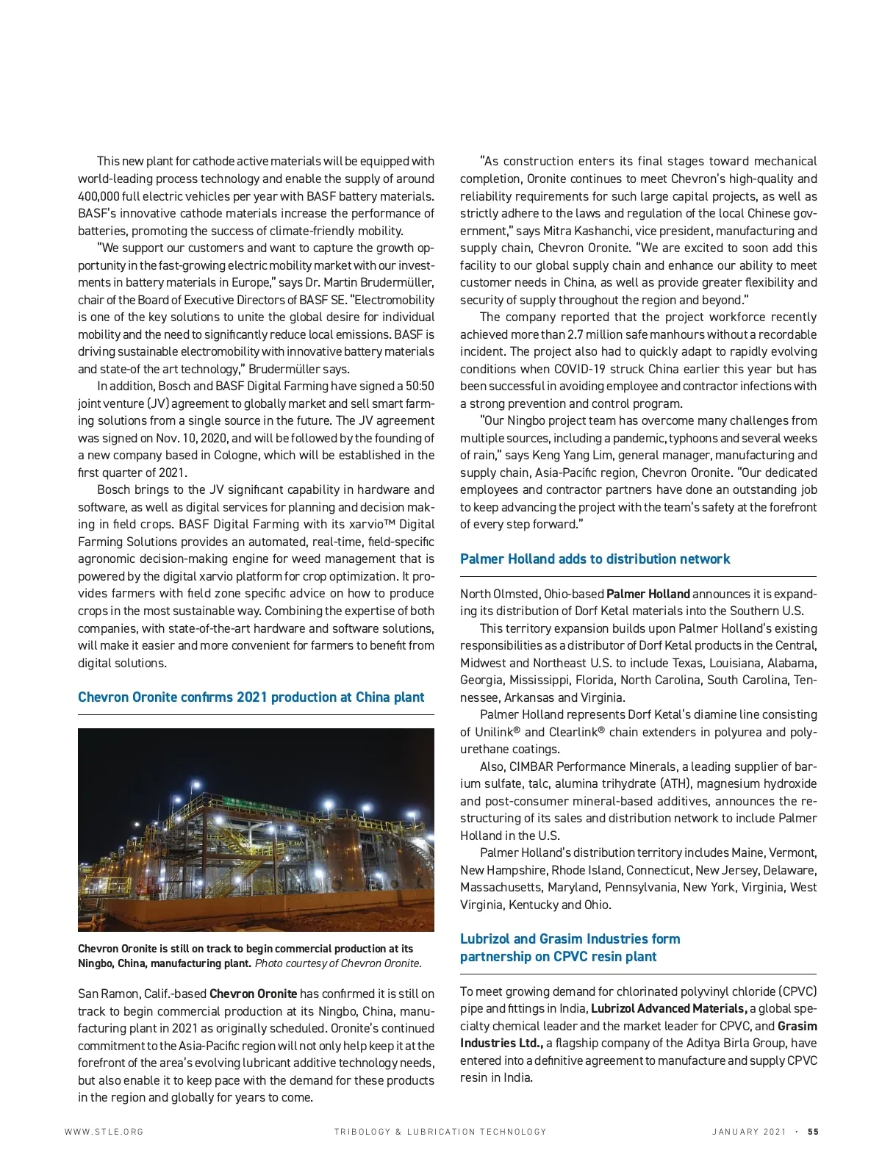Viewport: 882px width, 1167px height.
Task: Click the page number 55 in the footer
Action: [x=813, y=1132]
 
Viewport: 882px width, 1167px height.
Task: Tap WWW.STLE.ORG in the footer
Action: [x=104, y=1132]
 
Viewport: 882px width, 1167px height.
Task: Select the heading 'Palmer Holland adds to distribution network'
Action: [x=595, y=559]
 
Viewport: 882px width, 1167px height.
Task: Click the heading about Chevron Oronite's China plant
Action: [x=251, y=697]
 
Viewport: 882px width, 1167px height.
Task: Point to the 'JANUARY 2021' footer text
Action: [x=749, y=1132]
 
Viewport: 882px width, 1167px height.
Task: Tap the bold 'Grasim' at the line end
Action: [x=797, y=1026]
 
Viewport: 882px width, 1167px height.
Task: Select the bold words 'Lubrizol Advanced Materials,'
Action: [x=669, y=1009]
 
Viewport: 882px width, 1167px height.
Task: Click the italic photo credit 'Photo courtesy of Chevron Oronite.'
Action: [x=338, y=963]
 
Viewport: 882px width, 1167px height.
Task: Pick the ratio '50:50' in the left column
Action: [x=419, y=387]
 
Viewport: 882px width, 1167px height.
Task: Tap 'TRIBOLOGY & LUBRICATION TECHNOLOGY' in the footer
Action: [x=440, y=1132]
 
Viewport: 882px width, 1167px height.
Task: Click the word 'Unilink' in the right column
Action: [x=498, y=732]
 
